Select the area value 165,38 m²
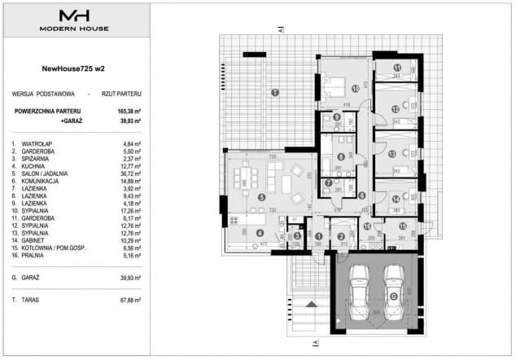coord(128,109)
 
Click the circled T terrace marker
coord(275,92)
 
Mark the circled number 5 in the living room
coord(260,196)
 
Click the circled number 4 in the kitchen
coord(259,233)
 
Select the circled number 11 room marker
coord(397,68)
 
